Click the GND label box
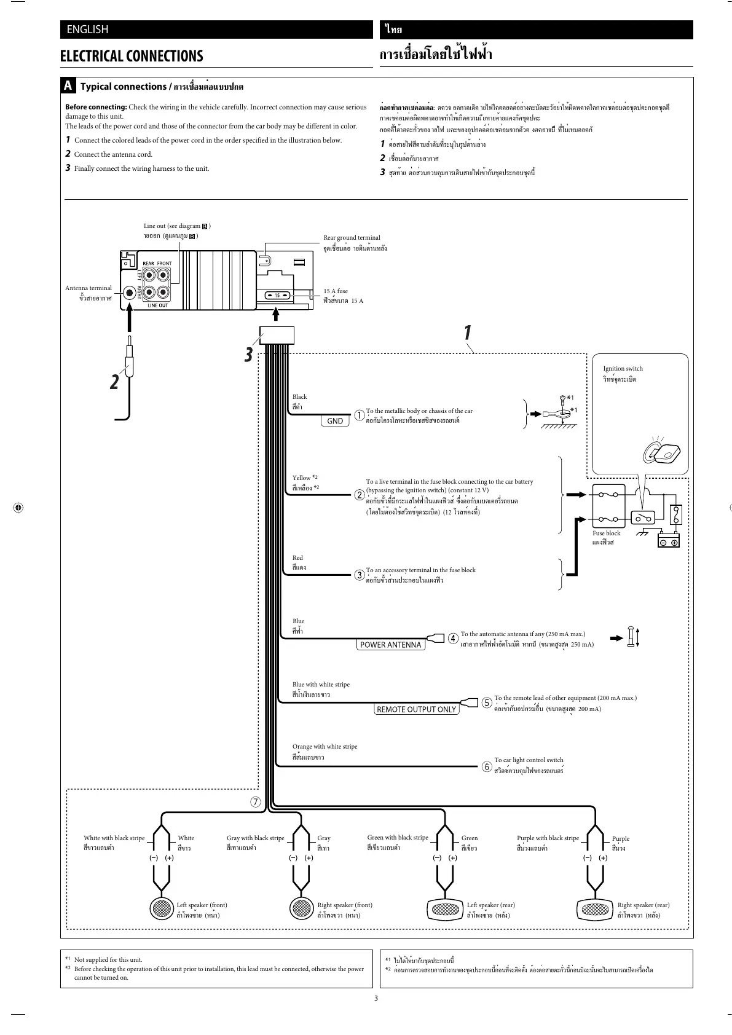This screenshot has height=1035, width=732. point(335,421)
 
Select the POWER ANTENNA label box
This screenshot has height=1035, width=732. point(390,645)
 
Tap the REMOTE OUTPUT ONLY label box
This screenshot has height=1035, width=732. point(416,709)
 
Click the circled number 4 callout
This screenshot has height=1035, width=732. point(453,638)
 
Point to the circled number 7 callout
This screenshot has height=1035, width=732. point(254,801)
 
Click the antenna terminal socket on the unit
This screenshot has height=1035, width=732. point(130,293)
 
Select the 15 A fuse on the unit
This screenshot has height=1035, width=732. point(277,296)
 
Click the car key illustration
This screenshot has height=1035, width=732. point(659,453)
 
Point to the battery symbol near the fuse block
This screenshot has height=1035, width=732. point(669,541)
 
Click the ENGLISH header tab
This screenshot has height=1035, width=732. point(87,30)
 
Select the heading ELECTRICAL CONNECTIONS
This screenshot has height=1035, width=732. point(132,56)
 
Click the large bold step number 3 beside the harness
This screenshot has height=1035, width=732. point(248,355)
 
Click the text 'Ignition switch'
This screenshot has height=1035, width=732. point(623,369)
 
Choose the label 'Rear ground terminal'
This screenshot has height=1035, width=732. point(352,238)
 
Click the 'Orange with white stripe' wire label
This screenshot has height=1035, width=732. point(325,747)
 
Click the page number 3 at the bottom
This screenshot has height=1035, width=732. point(376,998)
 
